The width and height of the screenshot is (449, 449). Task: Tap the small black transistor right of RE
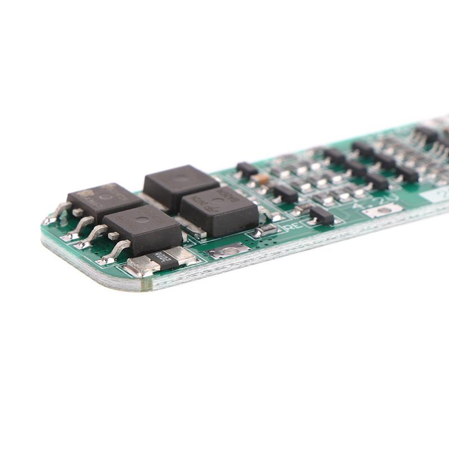(321, 214)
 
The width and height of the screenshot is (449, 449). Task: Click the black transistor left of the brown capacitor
(246, 168)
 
